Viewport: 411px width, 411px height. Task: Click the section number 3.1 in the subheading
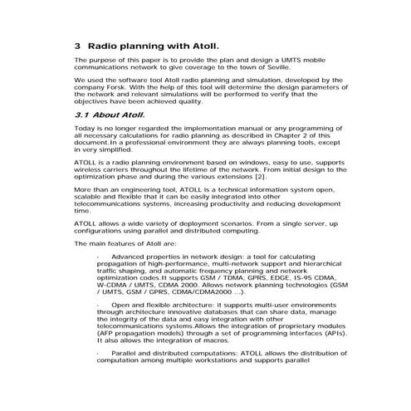[x=83, y=117]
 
